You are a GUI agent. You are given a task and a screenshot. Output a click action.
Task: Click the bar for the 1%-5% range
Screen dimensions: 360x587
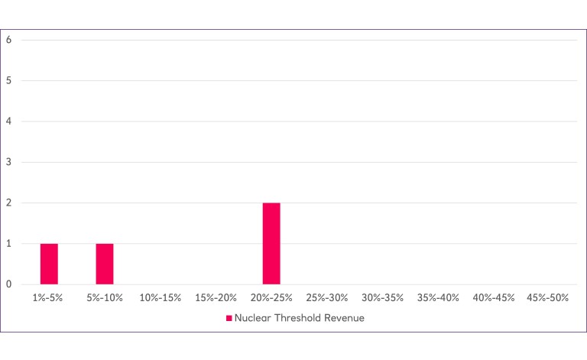click(49, 264)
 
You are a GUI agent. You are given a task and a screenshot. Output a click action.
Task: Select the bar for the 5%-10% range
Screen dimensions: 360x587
click(105, 264)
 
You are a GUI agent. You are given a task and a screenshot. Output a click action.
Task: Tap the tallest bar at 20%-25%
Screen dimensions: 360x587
click(271, 243)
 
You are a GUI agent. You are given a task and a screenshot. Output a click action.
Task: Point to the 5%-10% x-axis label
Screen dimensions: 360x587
click(105, 297)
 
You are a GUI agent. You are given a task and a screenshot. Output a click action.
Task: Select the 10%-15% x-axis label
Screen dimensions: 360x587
click(160, 297)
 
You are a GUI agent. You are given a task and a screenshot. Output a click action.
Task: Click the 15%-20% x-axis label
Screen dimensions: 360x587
click(216, 297)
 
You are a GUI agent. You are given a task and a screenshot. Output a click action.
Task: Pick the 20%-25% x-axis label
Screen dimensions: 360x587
click(271, 297)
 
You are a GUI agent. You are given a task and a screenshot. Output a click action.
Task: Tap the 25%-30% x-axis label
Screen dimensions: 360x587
click(326, 297)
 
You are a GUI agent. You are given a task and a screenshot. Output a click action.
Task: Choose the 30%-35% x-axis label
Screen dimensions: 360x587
click(382, 297)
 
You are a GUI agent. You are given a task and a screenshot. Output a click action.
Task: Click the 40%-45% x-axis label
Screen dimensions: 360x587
click(493, 297)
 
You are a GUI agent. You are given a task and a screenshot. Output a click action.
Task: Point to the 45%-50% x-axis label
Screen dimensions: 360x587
click(549, 297)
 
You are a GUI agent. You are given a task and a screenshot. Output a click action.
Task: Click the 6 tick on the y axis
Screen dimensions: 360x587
click(8, 40)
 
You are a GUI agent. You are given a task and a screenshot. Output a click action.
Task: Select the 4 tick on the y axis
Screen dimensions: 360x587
click(8, 122)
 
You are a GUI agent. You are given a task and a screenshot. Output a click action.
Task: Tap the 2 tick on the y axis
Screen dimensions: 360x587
click(8, 203)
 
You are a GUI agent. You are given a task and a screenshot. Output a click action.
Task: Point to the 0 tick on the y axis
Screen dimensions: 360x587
click(8, 284)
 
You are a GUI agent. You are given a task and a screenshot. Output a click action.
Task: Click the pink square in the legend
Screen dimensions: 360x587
click(229, 319)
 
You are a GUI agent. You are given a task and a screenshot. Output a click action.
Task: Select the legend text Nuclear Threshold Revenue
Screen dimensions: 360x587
click(299, 319)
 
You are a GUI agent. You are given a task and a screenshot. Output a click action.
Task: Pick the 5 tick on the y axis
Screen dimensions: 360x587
click(8, 80)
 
